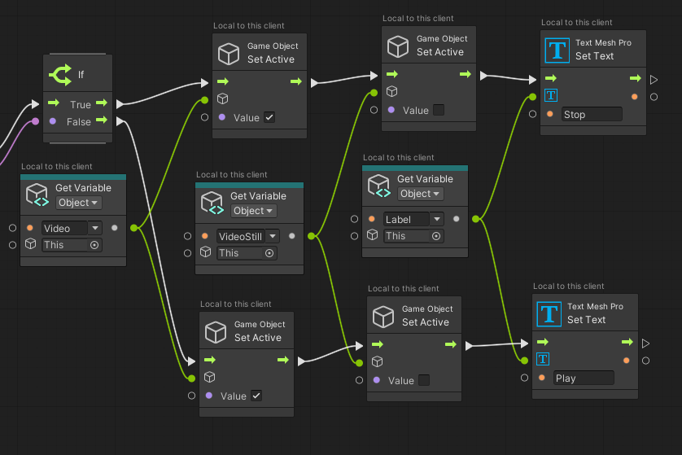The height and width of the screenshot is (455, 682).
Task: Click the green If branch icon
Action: [x=60, y=75]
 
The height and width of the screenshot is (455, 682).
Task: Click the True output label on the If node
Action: [x=81, y=104]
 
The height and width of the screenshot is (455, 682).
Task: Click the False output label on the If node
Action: [x=78, y=122]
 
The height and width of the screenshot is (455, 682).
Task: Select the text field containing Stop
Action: [x=592, y=115]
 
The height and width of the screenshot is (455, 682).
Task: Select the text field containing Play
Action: [x=584, y=378]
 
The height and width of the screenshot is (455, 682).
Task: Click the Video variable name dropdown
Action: [x=72, y=229]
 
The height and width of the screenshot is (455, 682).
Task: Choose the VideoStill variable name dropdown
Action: [x=247, y=237]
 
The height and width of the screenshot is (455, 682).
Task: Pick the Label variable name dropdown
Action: [x=413, y=219]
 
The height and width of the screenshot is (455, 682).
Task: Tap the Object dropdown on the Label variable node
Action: [x=420, y=194]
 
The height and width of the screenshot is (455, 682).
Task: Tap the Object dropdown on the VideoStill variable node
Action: [x=253, y=211]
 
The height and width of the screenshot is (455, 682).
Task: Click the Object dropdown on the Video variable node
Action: [x=78, y=203]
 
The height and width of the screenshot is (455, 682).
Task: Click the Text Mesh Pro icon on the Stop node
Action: [x=557, y=50]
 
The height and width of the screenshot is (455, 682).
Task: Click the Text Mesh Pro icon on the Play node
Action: [x=549, y=313]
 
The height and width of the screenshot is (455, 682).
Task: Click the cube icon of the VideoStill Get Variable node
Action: [x=212, y=203]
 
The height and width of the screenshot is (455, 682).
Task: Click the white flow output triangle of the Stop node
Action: [x=654, y=80]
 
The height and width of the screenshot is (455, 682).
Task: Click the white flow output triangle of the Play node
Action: [x=646, y=343]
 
